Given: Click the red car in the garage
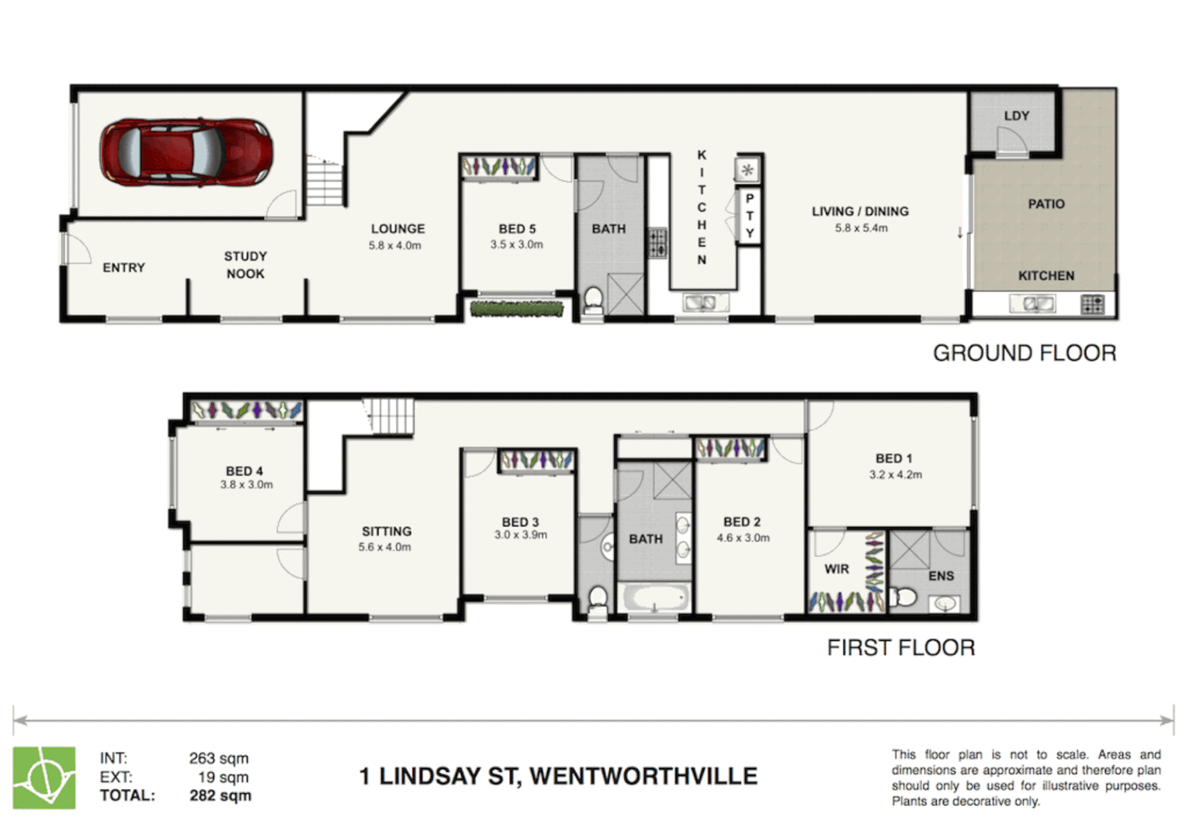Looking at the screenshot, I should coord(186,152).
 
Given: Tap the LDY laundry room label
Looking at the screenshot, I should coord(1016,116).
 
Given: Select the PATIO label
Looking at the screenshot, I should coord(1046,204).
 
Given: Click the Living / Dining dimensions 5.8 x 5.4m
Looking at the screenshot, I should coord(861,228).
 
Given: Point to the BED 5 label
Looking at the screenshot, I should coord(517,229).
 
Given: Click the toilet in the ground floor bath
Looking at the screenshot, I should coord(593,299).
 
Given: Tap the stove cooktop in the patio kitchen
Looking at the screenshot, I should coord(1092,305).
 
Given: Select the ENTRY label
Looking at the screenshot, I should coord(123,268).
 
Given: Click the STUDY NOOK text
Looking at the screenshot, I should coord(245,265).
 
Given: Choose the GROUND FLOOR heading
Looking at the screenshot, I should coord(1024,353).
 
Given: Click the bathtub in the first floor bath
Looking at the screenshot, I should coord(656,598).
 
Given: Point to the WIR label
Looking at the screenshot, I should coord(836,569).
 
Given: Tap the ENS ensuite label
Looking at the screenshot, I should coord(941,576).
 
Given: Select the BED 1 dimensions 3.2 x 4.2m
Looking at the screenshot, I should coord(895,475).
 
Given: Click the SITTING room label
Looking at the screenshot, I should coord(387,532).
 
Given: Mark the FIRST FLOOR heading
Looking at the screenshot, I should coord(900,648).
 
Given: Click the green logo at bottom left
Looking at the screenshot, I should coord(44,777).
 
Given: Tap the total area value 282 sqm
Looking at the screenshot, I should coord(220,795).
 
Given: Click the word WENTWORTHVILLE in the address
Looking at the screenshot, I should coord(643,776).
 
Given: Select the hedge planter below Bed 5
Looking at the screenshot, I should coord(516,309).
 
